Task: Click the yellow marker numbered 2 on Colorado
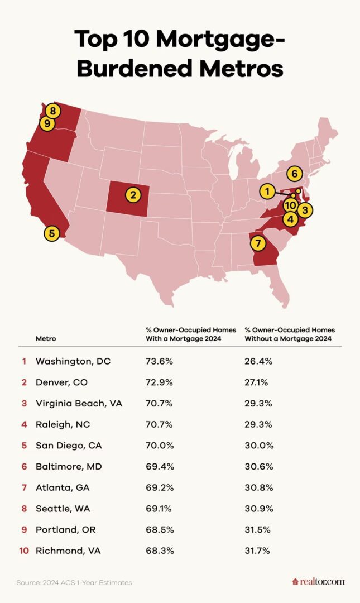click(x=133, y=195)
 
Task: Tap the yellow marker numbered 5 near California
click(x=52, y=233)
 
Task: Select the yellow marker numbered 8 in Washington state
click(x=52, y=111)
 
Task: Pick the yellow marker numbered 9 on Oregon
click(x=47, y=123)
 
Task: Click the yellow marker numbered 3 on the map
click(x=304, y=210)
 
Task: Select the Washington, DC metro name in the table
click(x=73, y=361)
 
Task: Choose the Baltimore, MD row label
click(x=68, y=467)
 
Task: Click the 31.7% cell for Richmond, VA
click(x=257, y=551)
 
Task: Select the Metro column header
click(x=46, y=338)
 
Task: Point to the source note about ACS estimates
click(x=74, y=582)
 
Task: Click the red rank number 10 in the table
click(x=23, y=551)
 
